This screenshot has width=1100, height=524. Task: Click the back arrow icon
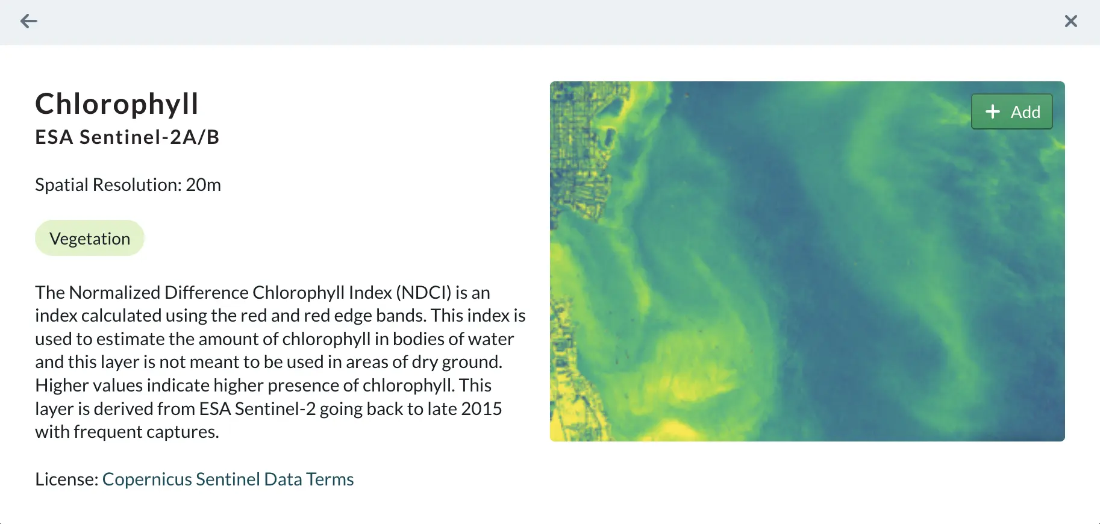[29, 22]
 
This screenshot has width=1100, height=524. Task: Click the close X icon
[1071, 22]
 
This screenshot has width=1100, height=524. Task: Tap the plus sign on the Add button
[993, 111]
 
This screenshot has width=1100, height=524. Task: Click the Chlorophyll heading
[117, 104]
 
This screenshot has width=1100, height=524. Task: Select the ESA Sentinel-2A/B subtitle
[127, 137]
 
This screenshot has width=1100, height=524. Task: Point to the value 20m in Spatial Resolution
[204, 185]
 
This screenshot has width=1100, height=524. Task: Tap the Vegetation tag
[90, 239]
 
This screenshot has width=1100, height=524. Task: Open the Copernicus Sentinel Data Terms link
[228, 479]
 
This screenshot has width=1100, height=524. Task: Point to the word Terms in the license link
[330, 479]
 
